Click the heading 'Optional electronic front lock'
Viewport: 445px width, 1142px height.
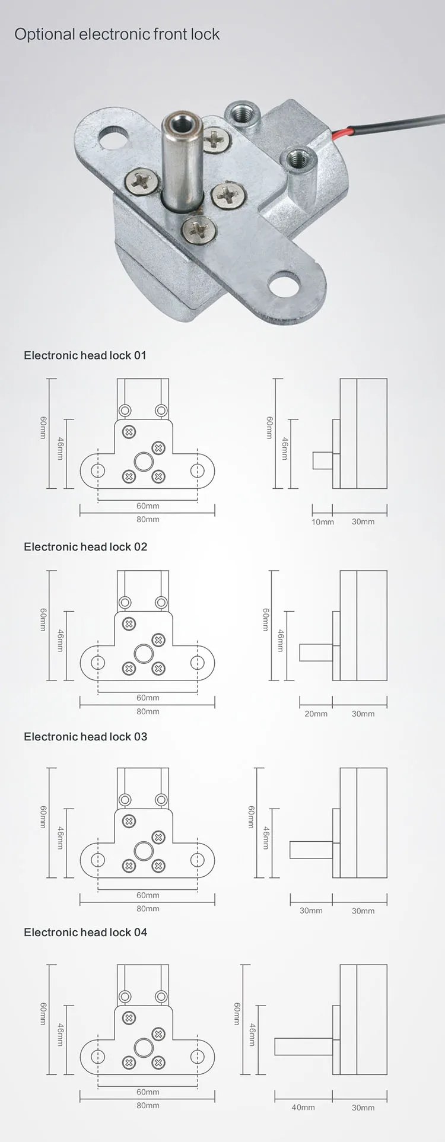coord(117,34)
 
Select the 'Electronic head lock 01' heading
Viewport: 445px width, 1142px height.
coord(85,355)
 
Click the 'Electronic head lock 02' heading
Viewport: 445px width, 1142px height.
coord(85,546)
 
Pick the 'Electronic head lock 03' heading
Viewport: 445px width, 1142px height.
coord(85,736)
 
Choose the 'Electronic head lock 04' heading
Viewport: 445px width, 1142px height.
coord(85,932)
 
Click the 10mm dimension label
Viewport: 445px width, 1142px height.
coord(323,522)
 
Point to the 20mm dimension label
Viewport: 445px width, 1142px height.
coord(316,714)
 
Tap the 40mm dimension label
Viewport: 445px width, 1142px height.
coord(303,1107)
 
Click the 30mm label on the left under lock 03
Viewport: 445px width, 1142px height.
coord(311,911)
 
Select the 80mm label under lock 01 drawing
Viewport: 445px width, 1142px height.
coord(148,520)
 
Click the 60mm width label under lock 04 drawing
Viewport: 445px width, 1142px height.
coord(148,1092)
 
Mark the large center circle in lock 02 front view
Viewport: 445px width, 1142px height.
coord(144,654)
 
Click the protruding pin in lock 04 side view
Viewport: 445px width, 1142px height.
coord(303,1046)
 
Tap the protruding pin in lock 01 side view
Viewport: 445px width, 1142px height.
coord(322,461)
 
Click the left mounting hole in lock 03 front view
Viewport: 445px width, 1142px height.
coord(97,860)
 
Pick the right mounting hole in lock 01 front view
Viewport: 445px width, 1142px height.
coord(197,470)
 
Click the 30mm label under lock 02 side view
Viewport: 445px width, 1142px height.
coord(363,714)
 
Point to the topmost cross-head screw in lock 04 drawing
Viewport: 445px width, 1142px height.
coord(129,1018)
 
